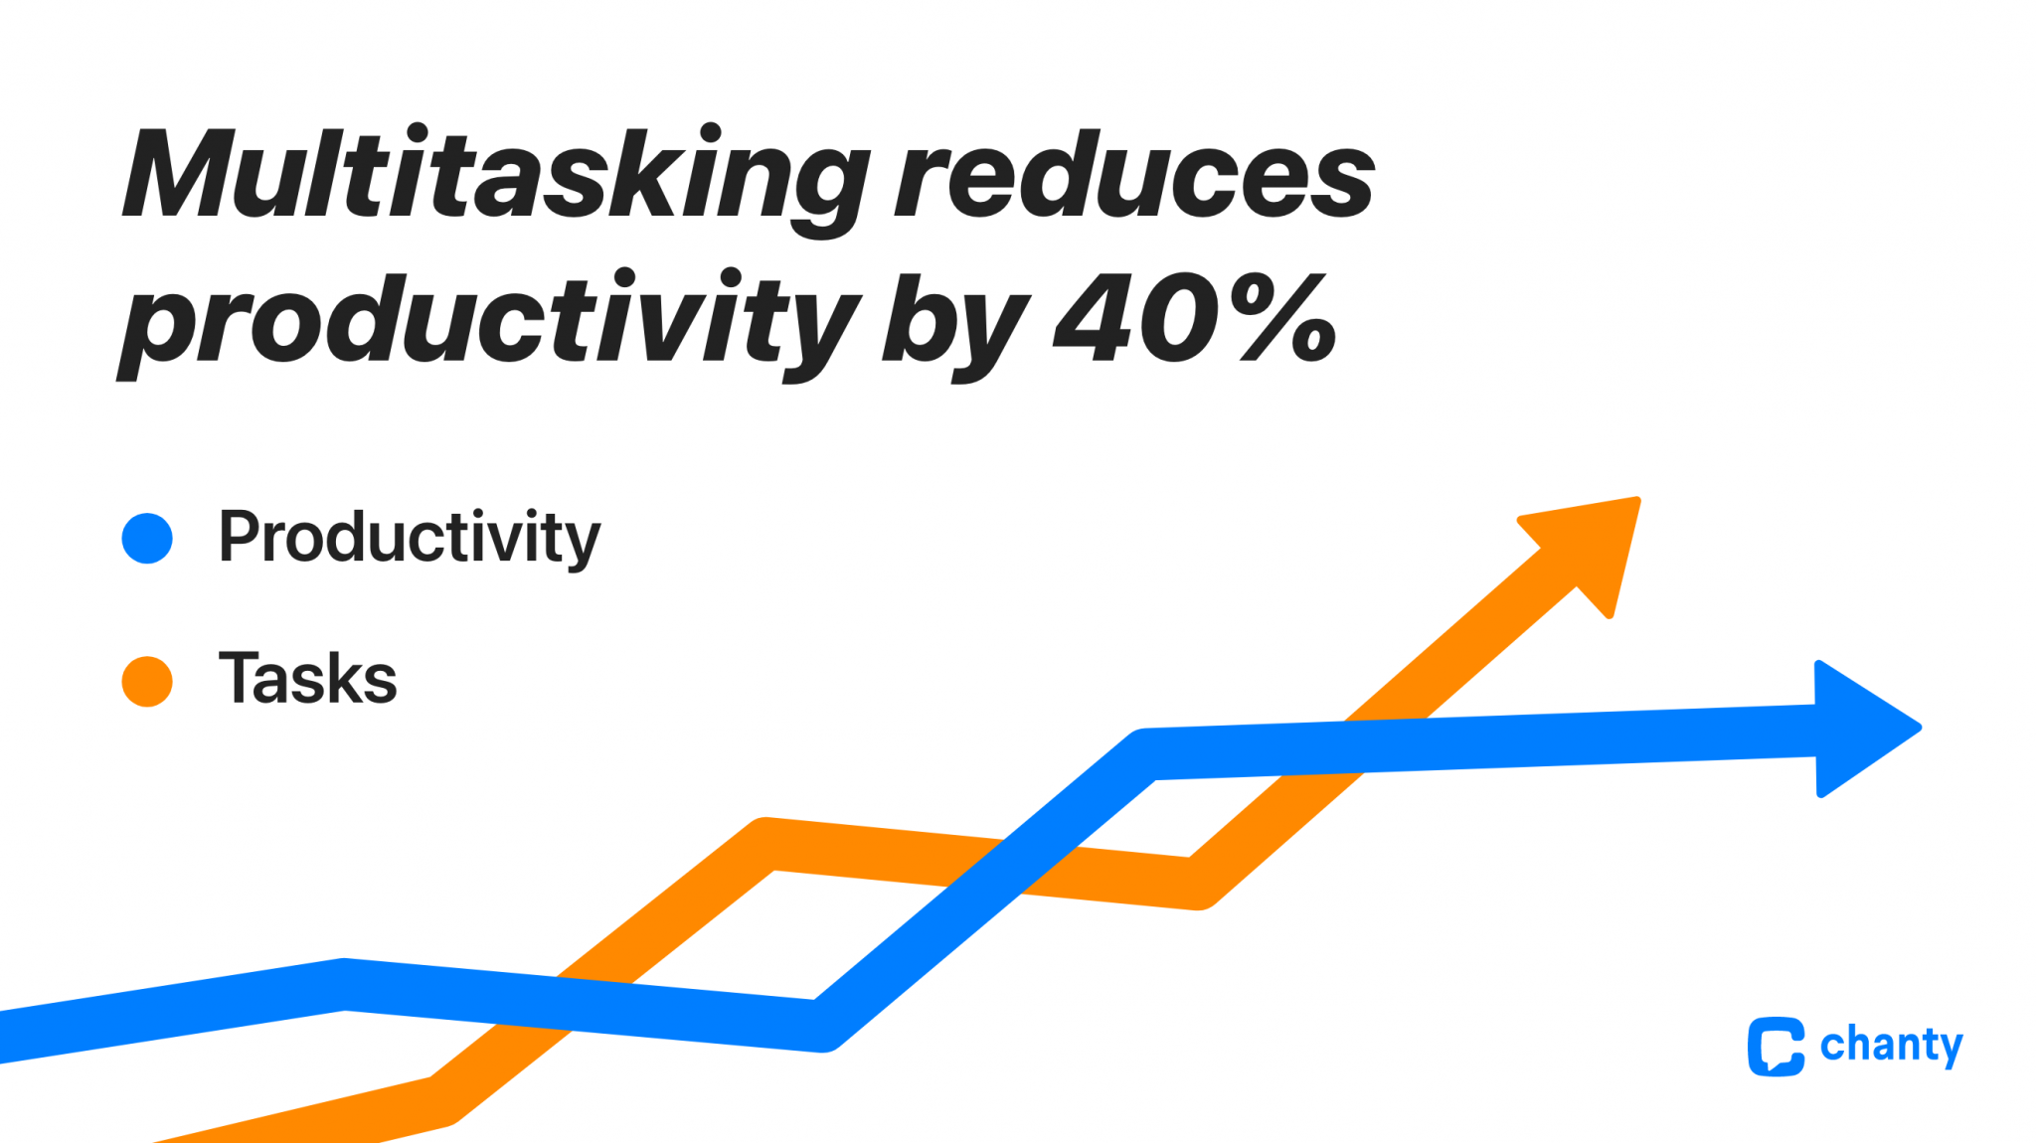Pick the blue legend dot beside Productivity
147,539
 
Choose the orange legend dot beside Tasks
147,682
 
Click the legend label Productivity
409,538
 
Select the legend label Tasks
307,679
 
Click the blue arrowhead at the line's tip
1859,729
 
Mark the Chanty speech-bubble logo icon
1776,1046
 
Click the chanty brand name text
1891,1046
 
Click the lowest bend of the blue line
821,1025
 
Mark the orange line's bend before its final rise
1197,883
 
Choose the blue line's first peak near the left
344,984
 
